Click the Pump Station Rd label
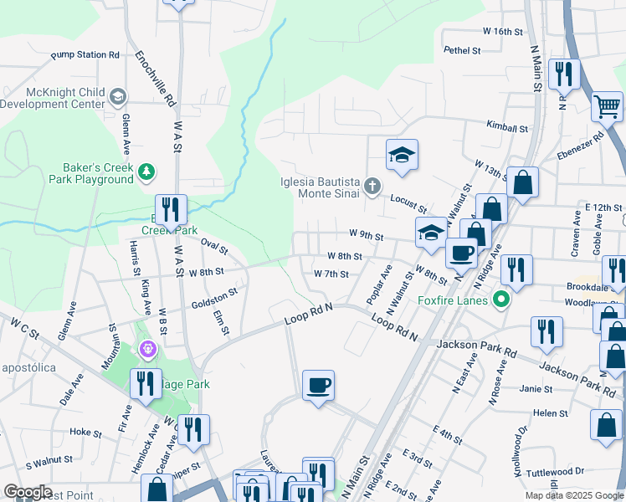coord(85,55)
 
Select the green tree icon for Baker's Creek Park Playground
coord(147,171)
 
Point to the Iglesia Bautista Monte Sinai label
coord(320,187)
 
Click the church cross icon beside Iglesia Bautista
coord(372,187)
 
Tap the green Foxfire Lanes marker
coord(501,298)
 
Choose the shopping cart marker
coord(607,106)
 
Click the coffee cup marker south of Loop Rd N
coord(318,386)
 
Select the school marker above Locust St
coord(402,155)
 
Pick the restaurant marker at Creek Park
coord(171,210)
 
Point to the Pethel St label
coord(462,50)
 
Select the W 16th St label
coord(502,31)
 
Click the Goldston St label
coord(214,295)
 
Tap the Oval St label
coord(214,246)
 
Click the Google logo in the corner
coord(28,492)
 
